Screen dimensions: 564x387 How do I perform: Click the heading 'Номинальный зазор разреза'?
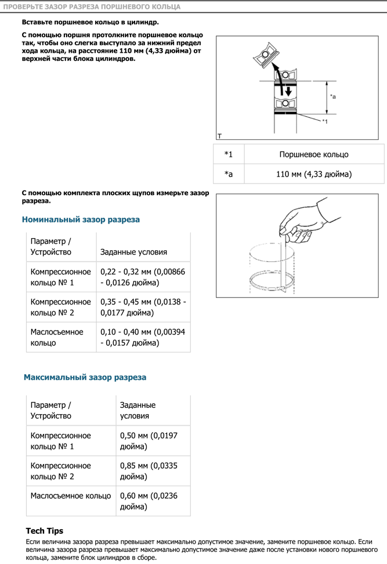click(81, 220)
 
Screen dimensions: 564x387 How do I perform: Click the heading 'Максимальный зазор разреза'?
click(85, 377)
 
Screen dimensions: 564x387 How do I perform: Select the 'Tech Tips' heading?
click(45, 531)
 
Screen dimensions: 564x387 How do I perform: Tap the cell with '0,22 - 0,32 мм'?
click(143, 276)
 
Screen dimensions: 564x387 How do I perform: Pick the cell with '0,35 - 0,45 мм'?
click(143, 307)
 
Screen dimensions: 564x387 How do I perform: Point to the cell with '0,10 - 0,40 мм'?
click(143, 337)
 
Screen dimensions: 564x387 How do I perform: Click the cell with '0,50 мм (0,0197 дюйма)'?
click(153, 441)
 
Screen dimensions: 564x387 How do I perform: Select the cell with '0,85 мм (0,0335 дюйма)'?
click(153, 471)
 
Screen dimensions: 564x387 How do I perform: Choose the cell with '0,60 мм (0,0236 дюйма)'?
click(153, 501)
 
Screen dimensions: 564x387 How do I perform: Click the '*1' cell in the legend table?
click(229, 155)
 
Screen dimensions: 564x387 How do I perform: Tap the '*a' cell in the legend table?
click(229, 174)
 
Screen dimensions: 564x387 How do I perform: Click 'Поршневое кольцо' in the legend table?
click(313, 155)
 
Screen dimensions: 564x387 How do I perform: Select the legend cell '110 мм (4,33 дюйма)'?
click(313, 174)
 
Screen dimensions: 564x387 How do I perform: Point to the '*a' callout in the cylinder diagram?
click(332, 96)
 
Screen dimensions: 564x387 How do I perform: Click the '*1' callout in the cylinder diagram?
click(325, 121)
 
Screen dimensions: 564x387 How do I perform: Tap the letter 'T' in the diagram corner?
click(219, 136)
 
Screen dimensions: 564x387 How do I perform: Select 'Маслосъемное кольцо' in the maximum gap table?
click(71, 495)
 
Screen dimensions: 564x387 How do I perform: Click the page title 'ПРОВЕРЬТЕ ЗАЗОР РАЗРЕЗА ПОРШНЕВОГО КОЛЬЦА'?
click(92, 7)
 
